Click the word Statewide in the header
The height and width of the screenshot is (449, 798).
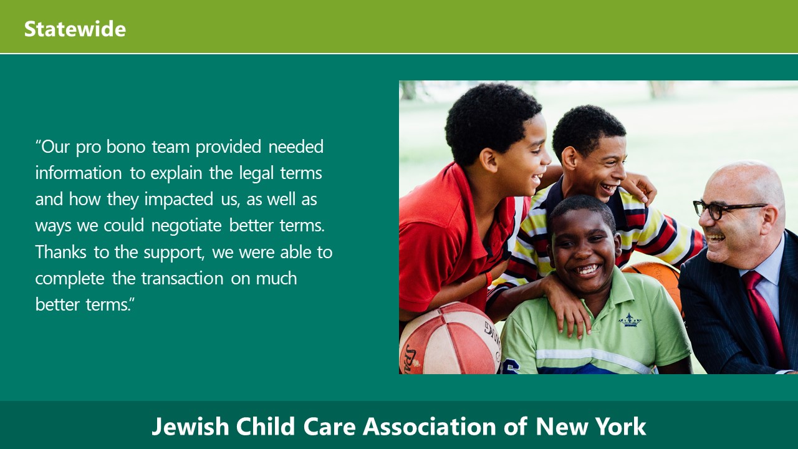pos(75,29)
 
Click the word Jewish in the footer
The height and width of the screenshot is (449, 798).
pos(190,427)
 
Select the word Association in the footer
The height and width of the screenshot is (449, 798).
pos(430,426)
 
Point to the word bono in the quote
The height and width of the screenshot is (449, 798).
pos(126,147)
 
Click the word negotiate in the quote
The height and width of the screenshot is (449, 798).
pos(186,226)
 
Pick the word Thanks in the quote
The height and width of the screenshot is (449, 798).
pos(60,252)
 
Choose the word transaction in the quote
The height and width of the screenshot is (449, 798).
pos(183,278)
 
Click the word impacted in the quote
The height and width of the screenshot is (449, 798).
pos(179,200)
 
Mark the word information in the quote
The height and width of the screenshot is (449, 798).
pos(79,173)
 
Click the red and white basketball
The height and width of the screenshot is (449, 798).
pos(449,339)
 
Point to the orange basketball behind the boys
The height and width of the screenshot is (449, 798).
pos(655,281)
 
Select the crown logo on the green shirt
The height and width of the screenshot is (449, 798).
pos(630,320)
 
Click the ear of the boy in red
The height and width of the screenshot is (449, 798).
pos(489,160)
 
